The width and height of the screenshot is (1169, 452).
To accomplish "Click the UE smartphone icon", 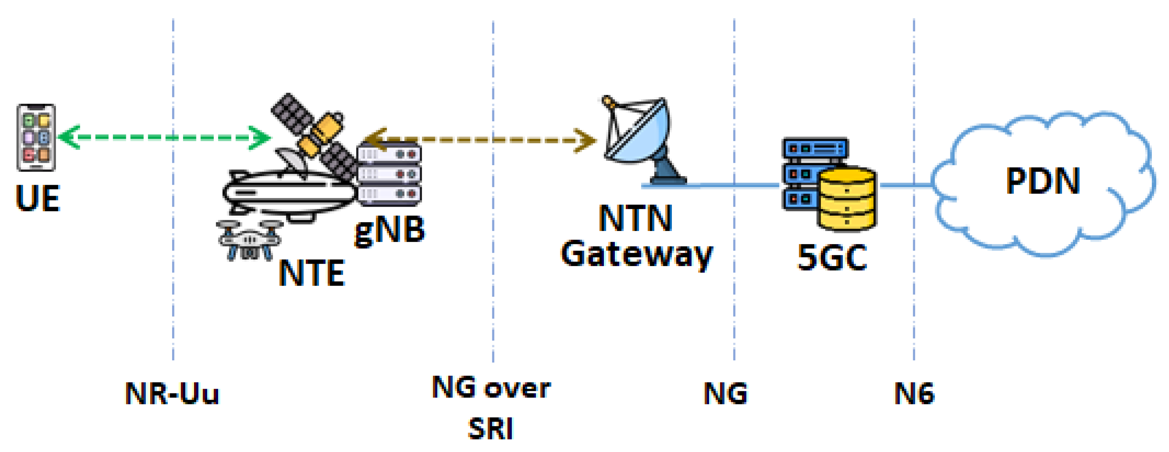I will click(36, 138).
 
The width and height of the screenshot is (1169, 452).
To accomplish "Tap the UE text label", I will click(38, 198).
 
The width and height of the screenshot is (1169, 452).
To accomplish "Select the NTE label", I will click(311, 274).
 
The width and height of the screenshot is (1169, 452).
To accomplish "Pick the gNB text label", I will click(390, 231).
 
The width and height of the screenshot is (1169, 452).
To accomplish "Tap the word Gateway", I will click(637, 255).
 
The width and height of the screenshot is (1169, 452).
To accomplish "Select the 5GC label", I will click(832, 258).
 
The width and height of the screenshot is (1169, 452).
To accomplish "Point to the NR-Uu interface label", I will click(172, 393).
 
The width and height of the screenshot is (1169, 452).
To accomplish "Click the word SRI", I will click(490, 429).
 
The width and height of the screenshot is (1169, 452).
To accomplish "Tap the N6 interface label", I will click(914, 393).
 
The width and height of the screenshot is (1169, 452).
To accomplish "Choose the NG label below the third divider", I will click(725, 393).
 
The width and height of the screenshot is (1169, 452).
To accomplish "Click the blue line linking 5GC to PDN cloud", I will click(905, 185).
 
